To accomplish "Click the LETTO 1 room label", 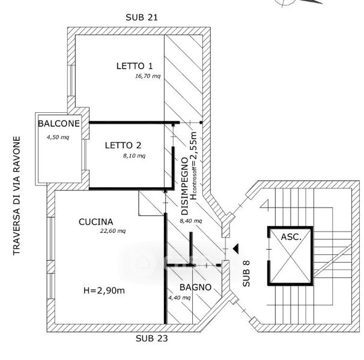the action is (135, 66).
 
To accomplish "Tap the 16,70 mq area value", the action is (148, 76).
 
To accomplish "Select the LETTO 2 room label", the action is (123, 145).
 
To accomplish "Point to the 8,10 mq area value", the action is (134, 155).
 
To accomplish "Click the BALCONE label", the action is (59, 124).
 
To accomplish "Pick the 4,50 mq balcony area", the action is (58, 137).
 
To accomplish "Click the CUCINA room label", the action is (96, 222).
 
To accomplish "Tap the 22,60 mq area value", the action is (113, 231).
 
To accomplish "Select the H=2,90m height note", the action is (104, 290).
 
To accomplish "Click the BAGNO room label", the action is (195, 287).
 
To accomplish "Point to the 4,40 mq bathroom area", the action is (179, 298).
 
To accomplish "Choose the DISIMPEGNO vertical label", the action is (184, 186).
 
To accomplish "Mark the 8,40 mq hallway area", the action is (191, 221).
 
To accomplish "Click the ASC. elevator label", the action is (291, 237).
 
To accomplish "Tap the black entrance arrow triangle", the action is (236, 248).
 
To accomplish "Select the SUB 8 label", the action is (246, 274).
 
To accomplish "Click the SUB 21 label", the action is (142, 17).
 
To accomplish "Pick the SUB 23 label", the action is (151, 338).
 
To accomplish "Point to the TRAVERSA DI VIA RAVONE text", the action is (16, 196).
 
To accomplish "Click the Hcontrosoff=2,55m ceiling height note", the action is (193, 166).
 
